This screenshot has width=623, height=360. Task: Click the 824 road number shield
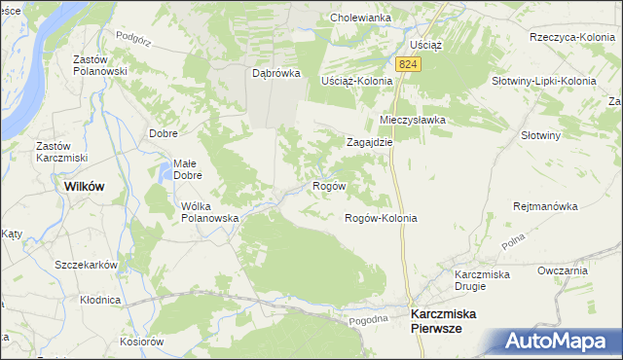(409, 63)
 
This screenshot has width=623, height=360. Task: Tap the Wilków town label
(84, 185)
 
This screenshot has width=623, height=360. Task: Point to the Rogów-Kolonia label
(381, 218)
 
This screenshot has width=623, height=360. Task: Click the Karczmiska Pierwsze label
(450, 322)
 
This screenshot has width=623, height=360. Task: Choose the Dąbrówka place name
(275, 73)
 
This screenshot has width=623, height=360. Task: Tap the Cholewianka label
(360, 18)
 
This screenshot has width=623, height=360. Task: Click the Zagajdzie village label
(370, 141)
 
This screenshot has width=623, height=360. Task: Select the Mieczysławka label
(412, 120)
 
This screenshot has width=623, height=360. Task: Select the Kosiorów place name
(141, 342)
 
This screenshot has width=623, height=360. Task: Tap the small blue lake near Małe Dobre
(162, 176)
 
